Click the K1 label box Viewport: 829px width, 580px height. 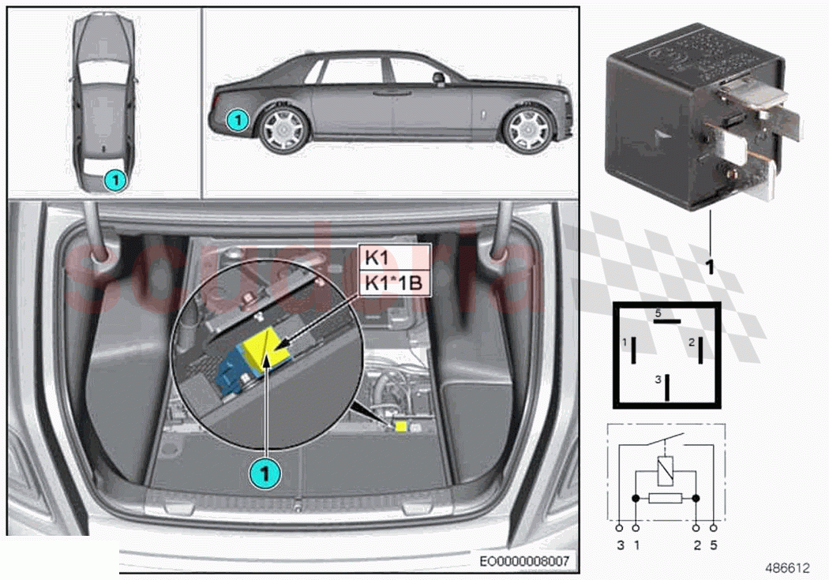395,257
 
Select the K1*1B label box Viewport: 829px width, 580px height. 395,283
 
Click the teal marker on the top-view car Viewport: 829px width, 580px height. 115,180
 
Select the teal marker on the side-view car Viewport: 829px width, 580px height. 234,120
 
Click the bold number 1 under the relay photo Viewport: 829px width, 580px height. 709,267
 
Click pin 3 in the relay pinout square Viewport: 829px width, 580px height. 666,386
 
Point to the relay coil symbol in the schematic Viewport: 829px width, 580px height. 665,471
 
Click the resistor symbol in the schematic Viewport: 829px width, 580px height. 665,498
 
